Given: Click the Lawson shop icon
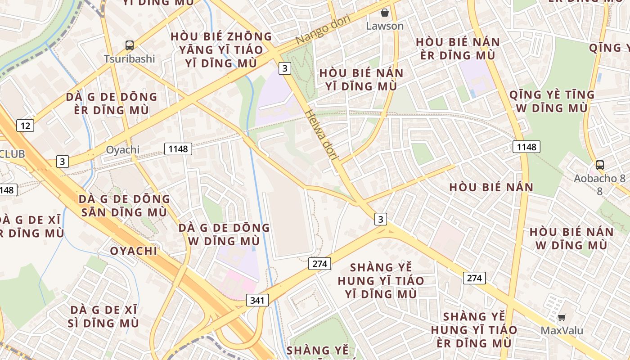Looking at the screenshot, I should point(385,13).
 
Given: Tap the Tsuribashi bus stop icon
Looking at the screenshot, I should point(130,45).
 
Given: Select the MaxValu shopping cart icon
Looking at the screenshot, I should point(562,318).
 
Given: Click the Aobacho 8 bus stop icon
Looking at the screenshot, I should point(599,165).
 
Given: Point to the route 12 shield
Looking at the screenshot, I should point(25,126).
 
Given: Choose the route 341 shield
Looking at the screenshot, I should point(257,300).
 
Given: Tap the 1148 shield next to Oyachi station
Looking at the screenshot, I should point(178,148).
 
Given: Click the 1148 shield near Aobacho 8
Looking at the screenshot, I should point(526,147).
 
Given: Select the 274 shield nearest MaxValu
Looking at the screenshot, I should point(474,278).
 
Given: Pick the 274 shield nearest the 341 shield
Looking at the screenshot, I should point(319,264).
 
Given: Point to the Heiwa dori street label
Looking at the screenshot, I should point(321,135).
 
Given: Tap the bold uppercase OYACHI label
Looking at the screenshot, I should point(134,251).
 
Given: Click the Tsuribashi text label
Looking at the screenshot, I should point(130,59).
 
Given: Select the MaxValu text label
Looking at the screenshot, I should point(562,331).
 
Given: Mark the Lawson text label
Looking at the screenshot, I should point(385,26).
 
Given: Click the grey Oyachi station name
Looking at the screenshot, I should point(122,150).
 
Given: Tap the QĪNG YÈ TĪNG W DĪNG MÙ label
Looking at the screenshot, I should point(552,101).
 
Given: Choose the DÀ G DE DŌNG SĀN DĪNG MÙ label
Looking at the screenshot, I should point(124,205).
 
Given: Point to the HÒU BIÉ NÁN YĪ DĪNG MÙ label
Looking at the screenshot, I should point(361,79).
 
